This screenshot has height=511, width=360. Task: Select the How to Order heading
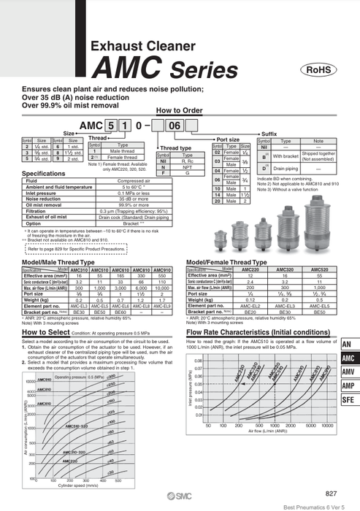coord(179,111)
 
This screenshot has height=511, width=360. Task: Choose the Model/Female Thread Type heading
coord(228,261)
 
